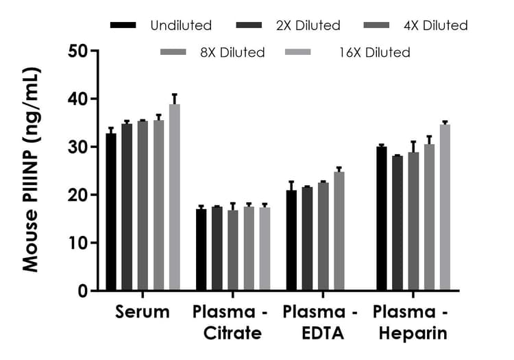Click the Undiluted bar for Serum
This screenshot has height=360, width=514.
(111, 212)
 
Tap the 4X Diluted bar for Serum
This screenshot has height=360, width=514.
(143, 206)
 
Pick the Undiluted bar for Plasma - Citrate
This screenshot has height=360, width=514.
(201, 250)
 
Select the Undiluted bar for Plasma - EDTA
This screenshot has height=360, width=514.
(291, 241)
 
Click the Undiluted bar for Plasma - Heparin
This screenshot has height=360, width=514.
(382, 219)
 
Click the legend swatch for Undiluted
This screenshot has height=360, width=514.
(123, 26)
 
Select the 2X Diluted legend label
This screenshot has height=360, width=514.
(308, 26)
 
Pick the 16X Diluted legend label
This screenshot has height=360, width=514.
(374, 52)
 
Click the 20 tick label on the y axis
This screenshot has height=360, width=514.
(77, 195)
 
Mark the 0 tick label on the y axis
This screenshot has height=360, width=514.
(82, 291)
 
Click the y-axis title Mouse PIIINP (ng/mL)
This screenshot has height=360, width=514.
(32, 170)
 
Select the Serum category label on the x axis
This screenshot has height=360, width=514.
(143, 313)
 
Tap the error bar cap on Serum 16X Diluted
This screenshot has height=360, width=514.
(175, 94)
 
